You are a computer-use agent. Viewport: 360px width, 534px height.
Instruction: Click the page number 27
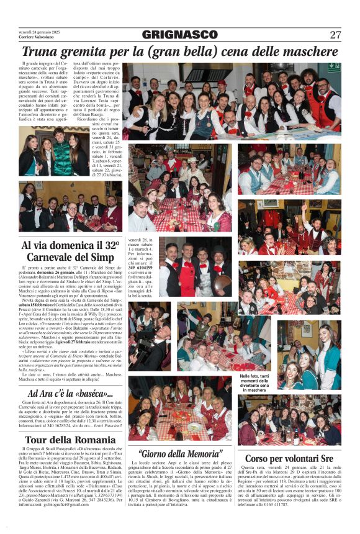pos(335,35)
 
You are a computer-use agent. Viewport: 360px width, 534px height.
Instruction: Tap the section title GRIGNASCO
pos(179,35)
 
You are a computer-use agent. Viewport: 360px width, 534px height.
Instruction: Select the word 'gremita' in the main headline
pos(86,52)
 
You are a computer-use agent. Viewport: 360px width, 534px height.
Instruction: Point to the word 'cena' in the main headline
pos(214,52)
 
